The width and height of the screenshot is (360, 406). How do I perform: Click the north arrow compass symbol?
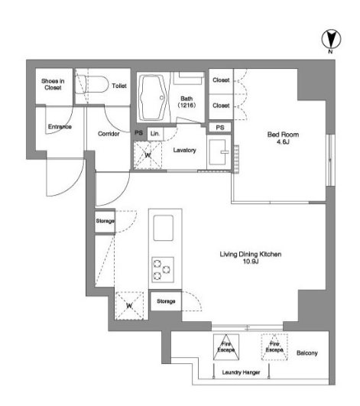tap(331, 39)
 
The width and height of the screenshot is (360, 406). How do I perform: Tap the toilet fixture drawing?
tap(92, 84)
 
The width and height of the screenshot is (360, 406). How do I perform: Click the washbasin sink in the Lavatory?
tap(219, 152)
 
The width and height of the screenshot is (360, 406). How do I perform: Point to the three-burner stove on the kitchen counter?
tap(163, 270)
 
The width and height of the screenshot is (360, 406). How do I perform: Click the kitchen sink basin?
tap(164, 228)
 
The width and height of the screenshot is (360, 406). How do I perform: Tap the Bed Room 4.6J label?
tap(283, 138)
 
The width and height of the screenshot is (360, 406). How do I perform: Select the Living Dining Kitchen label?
tap(251, 258)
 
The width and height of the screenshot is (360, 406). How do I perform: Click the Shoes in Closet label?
tap(53, 84)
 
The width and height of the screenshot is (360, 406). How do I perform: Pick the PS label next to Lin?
tap(138, 133)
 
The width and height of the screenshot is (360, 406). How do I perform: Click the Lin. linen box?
tap(155, 134)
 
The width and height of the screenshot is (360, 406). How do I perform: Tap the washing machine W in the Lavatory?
tap(148, 155)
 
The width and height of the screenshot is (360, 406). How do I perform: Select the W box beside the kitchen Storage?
tap(129, 306)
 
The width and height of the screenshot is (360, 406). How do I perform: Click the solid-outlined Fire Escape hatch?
tap(226, 347)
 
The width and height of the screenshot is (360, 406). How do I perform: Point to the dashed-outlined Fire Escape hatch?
tap(274, 347)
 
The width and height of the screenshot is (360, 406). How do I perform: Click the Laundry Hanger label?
tap(241, 372)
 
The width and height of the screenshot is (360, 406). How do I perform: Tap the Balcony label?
tap(307, 353)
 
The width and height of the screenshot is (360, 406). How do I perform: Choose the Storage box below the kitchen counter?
tap(166, 301)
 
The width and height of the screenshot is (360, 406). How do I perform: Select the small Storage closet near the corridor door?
tap(105, 222)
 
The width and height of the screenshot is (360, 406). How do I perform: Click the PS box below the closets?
tap(220, 128)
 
